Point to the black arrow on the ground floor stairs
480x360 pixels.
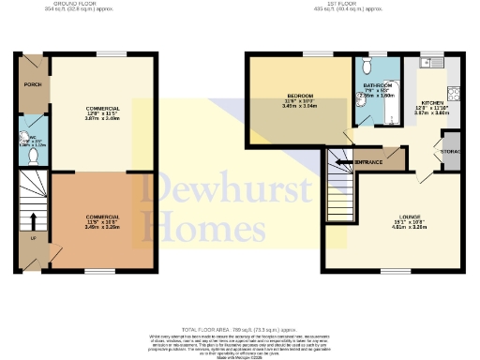coord(33,221)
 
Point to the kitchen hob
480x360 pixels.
coord(454,93)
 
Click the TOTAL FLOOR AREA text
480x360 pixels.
coord(239,330)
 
